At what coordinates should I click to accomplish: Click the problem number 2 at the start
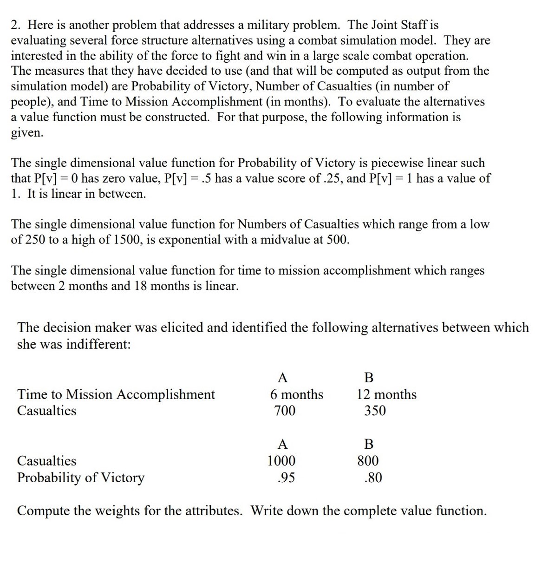(x=14, y=25)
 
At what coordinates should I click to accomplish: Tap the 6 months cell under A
(x=296, y=394)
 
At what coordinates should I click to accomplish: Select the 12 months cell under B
(x=386, y=394)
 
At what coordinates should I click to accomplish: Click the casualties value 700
(x=285, y=411)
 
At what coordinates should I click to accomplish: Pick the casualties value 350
(x=375, y=411)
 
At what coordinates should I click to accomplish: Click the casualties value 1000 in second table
(x=281, y=461)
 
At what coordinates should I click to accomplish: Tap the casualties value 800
(x=368, y=461)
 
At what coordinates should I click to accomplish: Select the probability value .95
(x=286, y=478)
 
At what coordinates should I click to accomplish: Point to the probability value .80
(x=373, y=478)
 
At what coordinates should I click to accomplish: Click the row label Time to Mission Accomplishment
(x=116, y=394)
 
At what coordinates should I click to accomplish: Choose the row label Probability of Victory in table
(x=81, y=478)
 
